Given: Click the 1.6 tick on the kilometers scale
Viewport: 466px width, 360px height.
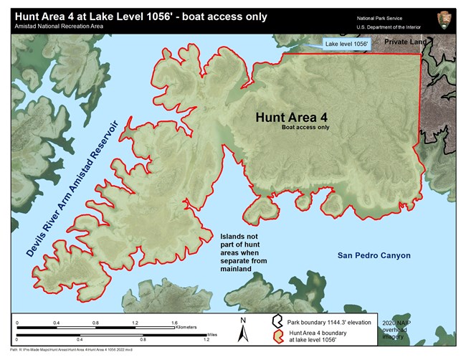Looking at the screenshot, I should pos(174,323).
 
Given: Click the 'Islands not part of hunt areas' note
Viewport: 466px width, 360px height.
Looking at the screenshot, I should pos(240,252).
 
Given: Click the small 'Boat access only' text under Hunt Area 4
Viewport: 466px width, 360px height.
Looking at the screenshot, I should pos(305,129).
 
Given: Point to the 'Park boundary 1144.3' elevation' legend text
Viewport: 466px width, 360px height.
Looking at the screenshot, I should pos(331,322).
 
